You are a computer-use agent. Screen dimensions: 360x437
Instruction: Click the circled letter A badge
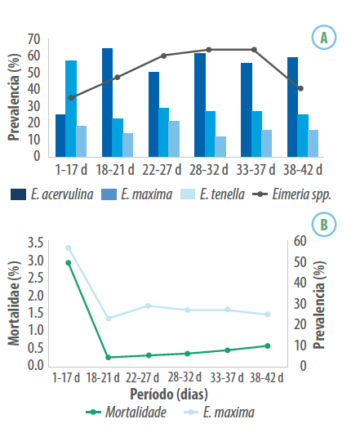324,38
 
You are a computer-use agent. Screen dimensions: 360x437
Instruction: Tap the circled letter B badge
324,225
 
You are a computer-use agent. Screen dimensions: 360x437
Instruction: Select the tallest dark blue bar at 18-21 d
107,102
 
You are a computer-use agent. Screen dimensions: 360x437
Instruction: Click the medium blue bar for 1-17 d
71,109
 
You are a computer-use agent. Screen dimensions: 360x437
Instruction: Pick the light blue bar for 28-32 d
220,146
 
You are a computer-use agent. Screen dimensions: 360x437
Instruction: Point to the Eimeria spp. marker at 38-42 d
300,89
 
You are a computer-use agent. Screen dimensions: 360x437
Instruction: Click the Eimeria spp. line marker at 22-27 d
164,56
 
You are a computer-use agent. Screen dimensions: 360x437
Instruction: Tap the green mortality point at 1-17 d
69,262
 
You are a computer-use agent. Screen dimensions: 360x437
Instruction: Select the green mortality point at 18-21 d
109,357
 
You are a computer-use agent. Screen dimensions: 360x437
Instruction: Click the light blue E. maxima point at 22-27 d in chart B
148,306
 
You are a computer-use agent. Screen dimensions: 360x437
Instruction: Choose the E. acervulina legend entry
52,194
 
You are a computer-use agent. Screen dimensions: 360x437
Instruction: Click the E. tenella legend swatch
188,194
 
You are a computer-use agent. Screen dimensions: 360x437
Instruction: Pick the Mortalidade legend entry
127,412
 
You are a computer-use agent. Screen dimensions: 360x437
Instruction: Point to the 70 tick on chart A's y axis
33,39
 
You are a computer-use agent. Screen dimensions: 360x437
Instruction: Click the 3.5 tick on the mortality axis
36,243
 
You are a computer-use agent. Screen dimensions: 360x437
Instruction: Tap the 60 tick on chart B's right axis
300,241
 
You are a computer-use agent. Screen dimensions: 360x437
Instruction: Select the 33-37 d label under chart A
256,170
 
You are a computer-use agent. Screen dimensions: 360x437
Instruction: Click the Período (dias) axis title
169,395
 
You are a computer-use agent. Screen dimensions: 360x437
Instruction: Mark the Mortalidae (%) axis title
14,304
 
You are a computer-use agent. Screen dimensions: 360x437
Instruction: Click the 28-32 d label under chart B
184,377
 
